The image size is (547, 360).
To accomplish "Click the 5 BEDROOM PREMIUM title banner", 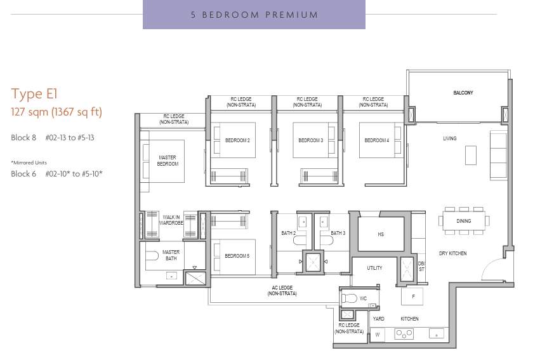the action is pyautogui.click(x=254, y=15).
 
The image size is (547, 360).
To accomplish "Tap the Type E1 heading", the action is pyautogui.click(x=34, y=94).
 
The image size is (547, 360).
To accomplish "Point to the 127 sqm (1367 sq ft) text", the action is pyautogui.click(x=56, y=112).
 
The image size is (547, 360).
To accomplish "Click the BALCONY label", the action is pyautogui.click(x=463, y=93).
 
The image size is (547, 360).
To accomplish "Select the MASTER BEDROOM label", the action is pyautogui.click(x=168, y=161).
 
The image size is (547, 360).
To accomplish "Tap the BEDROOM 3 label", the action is pyautogui.click(x=310, y=140).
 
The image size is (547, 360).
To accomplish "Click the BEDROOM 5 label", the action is pyautogui.click(x=237, y=256).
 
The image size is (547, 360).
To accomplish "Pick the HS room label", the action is pyautogui.click(x=381, y=234).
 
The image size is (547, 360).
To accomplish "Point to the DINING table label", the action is pyautogui.click(x=464, y=221).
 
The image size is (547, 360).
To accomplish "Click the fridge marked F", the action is pyautogui.click(x=412, y=297).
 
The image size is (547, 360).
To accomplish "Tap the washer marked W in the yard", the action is pyautogui.click(x=378, y=334).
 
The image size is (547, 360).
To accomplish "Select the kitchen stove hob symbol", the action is pyautogui.click(x=404, y=334).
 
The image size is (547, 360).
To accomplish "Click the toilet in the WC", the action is pyautogui.click(x=349, y=298).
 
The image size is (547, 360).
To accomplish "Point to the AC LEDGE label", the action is pyautogui.click(x=282, y=291).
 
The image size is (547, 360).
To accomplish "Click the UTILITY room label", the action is pyautogui.click(x=374, y=268).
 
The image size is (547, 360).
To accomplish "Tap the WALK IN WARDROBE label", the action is pyautogui.click(x=171, y=220).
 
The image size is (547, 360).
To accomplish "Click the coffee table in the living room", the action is pyautogui.click(x=471, y=155).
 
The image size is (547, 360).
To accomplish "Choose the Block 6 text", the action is pyautogui.click(x=23, y=173).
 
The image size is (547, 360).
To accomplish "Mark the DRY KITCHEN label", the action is pyautogui.click(x=453, y=253).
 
